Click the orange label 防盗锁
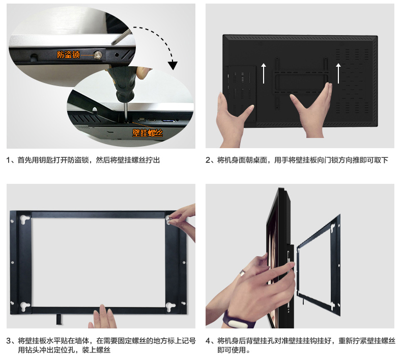click(x=68, y=54)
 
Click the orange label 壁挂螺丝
click(x=148, y=133)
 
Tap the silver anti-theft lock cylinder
click(x=98, y=54)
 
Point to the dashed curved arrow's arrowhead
click(x=173, y=65)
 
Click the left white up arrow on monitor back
click(x=264, y=73)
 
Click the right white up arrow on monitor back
click(x=338, y=73)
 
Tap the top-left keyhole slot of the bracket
click(x=25, y=219)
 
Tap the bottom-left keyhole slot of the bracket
click(x=25, y=307)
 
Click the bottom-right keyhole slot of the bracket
click(x=170, y=307)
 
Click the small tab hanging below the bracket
click(x=59, y=319)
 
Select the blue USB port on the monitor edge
click(x=168, y=121)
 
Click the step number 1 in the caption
click(x=9, y=160)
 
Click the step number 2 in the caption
click(x=208, y=160)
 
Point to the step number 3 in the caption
click(x=9, y=341)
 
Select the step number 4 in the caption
click(x=208, y=341)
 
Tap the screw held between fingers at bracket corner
click(x=170, y=218)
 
